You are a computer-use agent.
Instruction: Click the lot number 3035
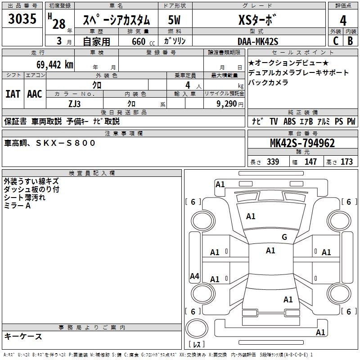pos(22,20)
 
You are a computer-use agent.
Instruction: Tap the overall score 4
pos(343,21)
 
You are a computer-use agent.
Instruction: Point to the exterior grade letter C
pos(335,41)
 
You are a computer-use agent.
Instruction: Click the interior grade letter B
pos(350,41)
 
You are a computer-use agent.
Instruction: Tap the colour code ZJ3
pos(74,103)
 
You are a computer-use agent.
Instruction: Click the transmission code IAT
pos(13,94)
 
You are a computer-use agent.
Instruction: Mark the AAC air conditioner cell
pos(34,94)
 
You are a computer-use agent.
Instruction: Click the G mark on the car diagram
pos(284,237)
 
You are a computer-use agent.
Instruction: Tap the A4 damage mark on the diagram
pos(194,276)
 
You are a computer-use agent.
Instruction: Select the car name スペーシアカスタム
pos(115,21)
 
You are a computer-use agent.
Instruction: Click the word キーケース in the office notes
pos(23,336)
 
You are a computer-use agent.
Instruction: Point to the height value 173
pos(346,162)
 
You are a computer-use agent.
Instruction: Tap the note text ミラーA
pos(17,205)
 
